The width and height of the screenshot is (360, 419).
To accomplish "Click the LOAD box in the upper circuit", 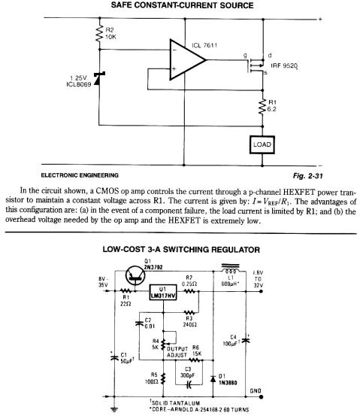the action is [x=262, y=145].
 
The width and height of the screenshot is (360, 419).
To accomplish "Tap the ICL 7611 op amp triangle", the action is [x=187, y=60].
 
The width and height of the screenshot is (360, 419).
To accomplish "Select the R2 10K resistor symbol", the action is [x=99, y=33].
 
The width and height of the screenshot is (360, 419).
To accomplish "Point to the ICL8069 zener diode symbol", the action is [x=99, y=78].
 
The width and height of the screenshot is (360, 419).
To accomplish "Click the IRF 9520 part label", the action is [x=284, y=65].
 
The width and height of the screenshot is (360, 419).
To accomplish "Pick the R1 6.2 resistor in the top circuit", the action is [x=263, y=107].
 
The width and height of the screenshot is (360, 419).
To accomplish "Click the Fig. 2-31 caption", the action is [x=307, y=176].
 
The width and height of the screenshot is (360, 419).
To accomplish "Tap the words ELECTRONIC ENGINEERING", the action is [x=80, y=175].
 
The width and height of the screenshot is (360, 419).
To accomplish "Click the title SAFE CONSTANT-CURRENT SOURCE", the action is [x=182, y=5].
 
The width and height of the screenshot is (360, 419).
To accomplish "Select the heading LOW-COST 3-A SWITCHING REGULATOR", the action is [x=181, y=250].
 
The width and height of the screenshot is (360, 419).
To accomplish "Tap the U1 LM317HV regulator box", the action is [x=163, y=292].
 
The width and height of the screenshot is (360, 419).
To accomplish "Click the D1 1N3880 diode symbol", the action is [x=213, y=379].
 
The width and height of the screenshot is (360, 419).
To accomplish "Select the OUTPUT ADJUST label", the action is [x=177, y=352].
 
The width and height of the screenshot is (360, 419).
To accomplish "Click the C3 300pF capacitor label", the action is [x=187, y=372].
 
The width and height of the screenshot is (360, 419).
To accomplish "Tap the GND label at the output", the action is [x=255, y=390].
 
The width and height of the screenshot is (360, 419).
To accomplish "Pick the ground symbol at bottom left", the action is [x=114, y=409].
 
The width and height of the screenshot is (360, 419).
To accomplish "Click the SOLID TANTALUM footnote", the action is [x=174, y=403].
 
